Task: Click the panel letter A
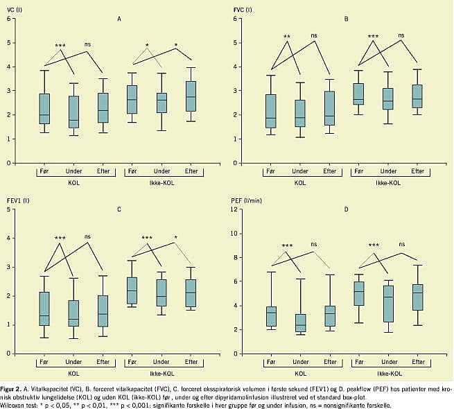coord(119,19)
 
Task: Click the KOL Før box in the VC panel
coord(44,109)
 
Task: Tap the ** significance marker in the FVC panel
coord(286,36)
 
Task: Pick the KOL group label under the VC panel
coord(74,182)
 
